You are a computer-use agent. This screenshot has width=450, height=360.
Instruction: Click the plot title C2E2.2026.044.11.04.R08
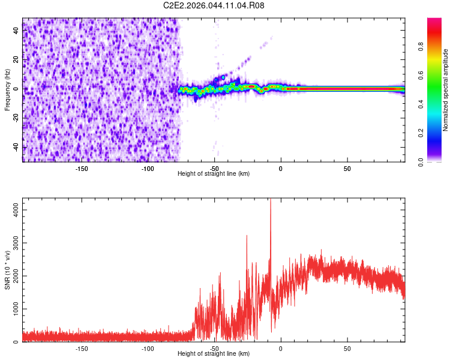point(214,6)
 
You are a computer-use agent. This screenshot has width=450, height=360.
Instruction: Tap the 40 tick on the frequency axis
point(17,30)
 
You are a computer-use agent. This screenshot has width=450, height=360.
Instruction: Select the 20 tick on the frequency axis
point(17,59)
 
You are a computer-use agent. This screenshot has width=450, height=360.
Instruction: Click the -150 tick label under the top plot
point(82,169)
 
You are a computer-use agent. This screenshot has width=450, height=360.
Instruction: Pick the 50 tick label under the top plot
point(347,169)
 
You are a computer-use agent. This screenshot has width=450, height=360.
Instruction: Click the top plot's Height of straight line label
point(214,174)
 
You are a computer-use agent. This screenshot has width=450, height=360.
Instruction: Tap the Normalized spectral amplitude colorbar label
point(446,90)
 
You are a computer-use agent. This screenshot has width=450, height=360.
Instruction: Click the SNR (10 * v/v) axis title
point(7,270)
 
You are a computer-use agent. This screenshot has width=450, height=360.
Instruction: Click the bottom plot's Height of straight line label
point(214,355)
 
